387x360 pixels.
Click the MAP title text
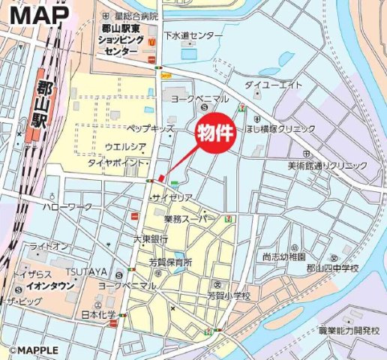point(42,14)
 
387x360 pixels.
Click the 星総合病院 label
point(136,16)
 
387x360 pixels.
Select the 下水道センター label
point(193,35)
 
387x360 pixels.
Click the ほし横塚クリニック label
point(289,129)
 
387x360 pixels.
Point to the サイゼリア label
point(172,196)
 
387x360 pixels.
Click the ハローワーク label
point(67,206)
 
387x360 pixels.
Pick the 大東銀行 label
point(150,239)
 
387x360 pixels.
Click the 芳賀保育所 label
point(169,262)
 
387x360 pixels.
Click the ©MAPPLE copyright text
point(33,350)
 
